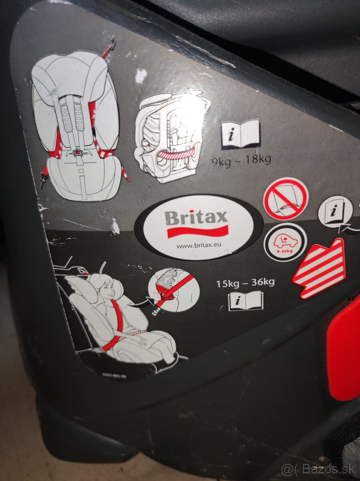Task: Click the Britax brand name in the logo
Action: click(196, 218)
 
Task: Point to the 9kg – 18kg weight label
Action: click(242, 160)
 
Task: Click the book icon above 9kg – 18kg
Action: click(241, 134)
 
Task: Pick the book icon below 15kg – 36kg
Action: click(246, 301)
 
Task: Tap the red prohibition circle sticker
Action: click(285, 199)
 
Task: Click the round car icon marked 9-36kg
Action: click(285, 242)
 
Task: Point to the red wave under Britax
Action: click(197, 232)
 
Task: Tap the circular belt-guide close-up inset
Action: click(173, 289)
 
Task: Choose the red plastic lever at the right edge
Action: click(344, 349)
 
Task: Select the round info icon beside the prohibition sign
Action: click(335, 212)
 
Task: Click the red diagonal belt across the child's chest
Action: click(116, 321)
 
